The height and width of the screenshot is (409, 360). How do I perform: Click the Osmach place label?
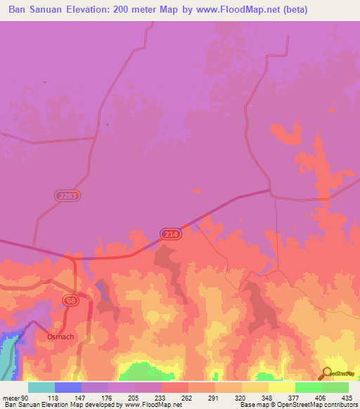(x=60, y=337)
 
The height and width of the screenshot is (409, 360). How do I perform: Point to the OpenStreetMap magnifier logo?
(x=328, y=373)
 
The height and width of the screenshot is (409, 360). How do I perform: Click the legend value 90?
(x=26, y=397)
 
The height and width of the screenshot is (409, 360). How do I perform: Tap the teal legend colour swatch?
(x=41, y=387)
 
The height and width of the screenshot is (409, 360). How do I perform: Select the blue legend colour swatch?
(x=67, y=387)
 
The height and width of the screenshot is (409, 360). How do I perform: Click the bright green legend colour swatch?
(x=308, y=387)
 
